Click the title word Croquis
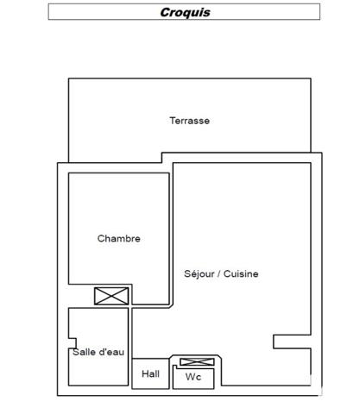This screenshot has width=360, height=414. [185, 12]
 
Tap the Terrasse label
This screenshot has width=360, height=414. [190, 121]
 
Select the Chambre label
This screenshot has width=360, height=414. [119, 238]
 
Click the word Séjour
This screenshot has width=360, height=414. [199, 273]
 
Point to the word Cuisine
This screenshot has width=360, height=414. [241, 273]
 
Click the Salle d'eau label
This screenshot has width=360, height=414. [98, 352]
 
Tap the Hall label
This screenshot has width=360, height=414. [150, 373]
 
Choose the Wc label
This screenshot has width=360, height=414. [193, 377]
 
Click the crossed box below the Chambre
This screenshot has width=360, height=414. [111, 296]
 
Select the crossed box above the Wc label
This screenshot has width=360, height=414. [197, 362]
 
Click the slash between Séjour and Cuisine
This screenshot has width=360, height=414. [219, 273]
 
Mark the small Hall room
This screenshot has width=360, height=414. [150, 373]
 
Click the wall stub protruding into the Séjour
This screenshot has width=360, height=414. [292, 342]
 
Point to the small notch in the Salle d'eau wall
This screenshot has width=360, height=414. [73, 343]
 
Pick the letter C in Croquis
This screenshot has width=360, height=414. [165, 12]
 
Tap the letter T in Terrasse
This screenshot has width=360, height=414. [173, 121]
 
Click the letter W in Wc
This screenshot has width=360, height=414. [191, 377]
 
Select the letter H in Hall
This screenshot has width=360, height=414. [145, 373]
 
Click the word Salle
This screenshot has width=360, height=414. [84, 352]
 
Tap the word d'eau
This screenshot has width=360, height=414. [111, 352]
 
